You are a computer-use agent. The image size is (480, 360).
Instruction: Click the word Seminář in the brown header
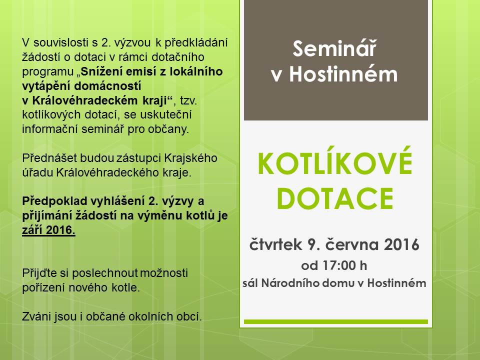pos(334,48)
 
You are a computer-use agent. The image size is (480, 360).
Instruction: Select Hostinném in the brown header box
pos(343,74)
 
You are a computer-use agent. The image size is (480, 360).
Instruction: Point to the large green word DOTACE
pos(335,198)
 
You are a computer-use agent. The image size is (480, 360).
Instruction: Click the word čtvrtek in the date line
pos(275,244)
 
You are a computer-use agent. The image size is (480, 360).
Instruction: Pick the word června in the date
pos(351,244)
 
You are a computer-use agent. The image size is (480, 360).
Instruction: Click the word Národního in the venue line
pos(290,283)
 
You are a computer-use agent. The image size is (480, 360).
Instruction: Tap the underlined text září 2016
pos(48,230)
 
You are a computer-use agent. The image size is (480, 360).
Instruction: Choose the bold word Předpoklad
pos(55,201)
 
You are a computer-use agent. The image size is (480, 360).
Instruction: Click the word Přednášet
pos(49,158)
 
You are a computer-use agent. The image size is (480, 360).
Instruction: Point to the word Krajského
pos(190,158)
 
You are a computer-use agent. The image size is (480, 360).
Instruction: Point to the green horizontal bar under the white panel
pos(336,321)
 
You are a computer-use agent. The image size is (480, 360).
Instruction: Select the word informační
pos(50,129)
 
